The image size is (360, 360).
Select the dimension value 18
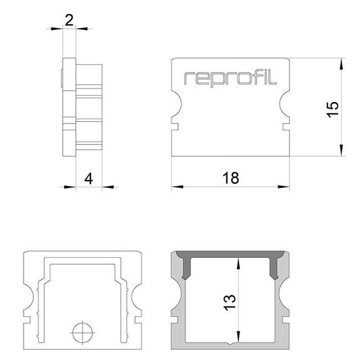230,177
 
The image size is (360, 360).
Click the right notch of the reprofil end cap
286,109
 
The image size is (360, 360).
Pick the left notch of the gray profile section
175,302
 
